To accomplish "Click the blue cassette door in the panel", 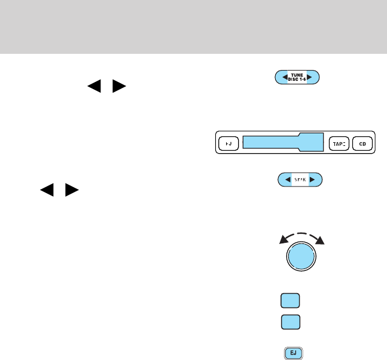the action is click(x=282, y=144).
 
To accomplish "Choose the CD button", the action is click(x=362, y=144).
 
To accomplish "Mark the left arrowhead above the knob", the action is click(x=282, y=240).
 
